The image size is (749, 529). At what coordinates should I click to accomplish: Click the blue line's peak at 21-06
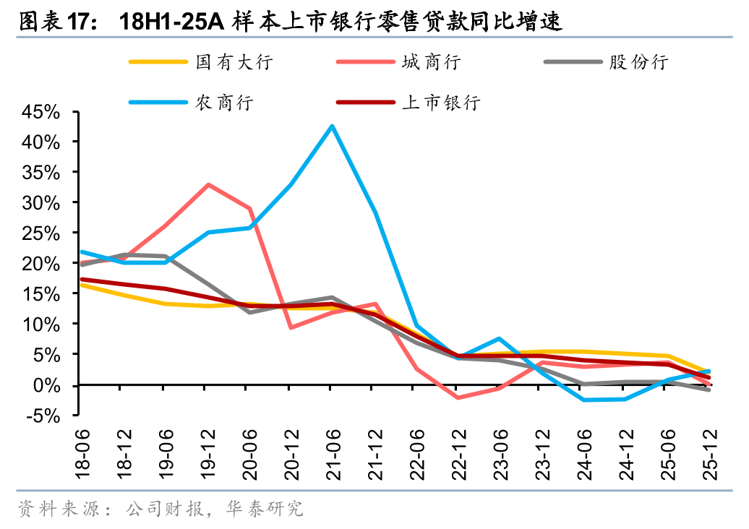tap(332, 126)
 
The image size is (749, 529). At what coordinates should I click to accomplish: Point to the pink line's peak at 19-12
tap(208, 184)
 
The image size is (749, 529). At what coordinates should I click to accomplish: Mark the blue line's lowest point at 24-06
tap(583, 400)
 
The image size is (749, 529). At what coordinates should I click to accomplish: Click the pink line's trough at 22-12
tap(458, 397)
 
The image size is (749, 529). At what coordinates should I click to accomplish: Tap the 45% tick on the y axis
tap(40, 112)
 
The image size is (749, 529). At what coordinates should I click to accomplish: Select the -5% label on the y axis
tap(40, 416)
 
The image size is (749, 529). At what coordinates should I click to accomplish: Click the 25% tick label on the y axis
tap(40, 233)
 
